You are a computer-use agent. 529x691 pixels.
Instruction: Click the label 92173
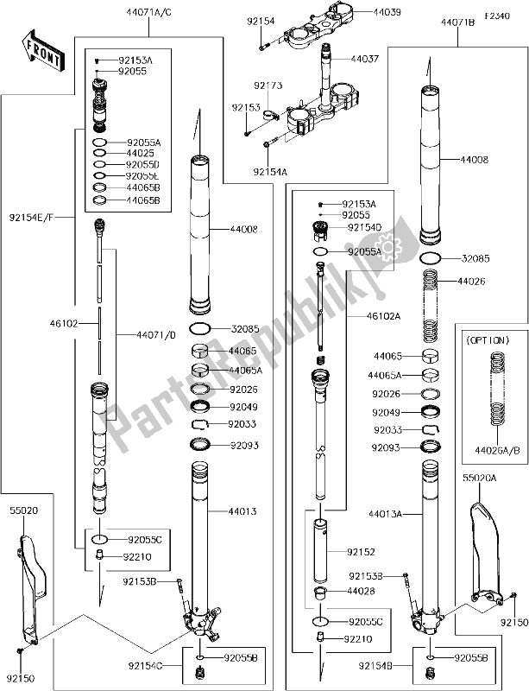(268, 86)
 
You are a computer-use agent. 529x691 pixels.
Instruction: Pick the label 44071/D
(156, 334)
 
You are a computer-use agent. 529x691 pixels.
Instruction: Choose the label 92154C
(142, 665)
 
